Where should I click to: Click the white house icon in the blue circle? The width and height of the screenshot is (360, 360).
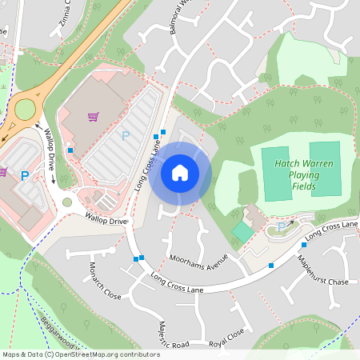(180, 172)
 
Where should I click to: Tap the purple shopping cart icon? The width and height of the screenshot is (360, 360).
(93, 117)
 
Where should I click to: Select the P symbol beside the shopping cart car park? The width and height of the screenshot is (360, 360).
(125, 136)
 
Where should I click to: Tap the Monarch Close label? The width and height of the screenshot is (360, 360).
(105, 280)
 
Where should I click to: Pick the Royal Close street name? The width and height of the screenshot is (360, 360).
(226, 339)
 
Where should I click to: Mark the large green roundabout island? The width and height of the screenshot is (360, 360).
(25, 108)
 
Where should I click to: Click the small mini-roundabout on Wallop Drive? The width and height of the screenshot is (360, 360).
(67, 202)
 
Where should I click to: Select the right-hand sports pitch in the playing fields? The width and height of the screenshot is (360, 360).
(325, 169)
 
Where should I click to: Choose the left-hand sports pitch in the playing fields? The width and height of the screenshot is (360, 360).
(275, 174)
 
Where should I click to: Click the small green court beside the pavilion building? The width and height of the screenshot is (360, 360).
(242, 232)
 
